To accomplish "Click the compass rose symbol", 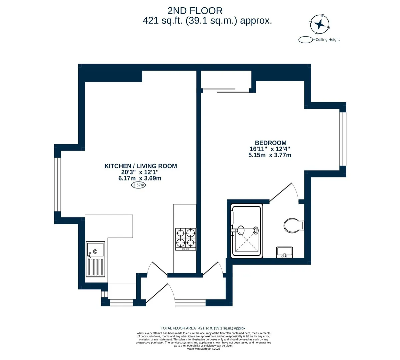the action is pos(320,24).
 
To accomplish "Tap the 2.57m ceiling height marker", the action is pos(138,185).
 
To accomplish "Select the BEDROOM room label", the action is pos(271,143).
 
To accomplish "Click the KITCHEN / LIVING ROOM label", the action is pos(141,166).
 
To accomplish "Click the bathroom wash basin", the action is pos(284,252).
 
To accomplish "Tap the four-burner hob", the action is pos(186,239).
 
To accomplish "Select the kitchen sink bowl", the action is pos(96,249).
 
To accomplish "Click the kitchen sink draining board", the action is pos(96,267).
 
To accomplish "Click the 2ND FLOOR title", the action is pos(195,11).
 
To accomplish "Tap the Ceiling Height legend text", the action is pos(328,39).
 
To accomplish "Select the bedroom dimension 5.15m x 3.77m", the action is pos(270,155).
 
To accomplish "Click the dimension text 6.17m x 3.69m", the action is pos(140,178).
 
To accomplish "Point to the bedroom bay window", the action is pos(343,139).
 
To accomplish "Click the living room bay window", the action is pos(57,184).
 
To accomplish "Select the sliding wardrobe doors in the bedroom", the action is pos(226,91).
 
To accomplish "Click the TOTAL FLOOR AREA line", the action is pos(203,328).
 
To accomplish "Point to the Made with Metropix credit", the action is pos(203,349).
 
